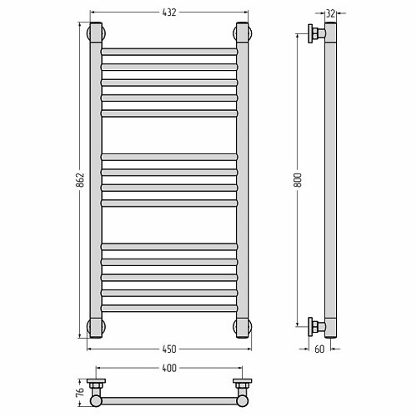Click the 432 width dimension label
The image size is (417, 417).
click(169, 13)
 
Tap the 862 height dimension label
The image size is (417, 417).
click(80, 180)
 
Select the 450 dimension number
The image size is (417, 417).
click(169, 349)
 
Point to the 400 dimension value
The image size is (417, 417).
click(169, 368)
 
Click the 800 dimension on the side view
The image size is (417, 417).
click(298, 180)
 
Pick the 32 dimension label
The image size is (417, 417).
click(330, 13)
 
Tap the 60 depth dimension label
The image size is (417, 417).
click(319, 349)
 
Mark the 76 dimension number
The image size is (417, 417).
click(80, 391)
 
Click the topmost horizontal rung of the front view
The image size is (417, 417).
click(169, 52)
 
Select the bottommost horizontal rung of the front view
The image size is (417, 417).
click(169, 308)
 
